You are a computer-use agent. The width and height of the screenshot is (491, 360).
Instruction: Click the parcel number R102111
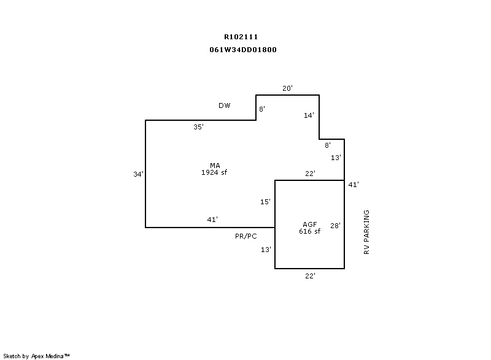pos(241,37)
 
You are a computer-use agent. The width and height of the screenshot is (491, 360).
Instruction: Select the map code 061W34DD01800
pos(243,50)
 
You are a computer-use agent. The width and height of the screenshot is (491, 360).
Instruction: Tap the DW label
pos(224,105)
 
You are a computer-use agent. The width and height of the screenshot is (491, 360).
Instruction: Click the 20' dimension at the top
pos(287,88)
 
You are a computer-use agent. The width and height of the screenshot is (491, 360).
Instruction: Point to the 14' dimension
pos(309,115)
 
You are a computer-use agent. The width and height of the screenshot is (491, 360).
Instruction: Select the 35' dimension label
pos(198,127)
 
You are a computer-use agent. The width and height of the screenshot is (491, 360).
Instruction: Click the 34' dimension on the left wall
pos(139,174)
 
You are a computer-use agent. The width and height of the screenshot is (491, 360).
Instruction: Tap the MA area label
pos(215,166)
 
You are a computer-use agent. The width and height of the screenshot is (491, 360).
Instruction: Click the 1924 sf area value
pos(214,172)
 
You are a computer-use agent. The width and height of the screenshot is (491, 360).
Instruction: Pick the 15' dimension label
pos(265,202)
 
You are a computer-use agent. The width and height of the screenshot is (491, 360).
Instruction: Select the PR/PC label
pos(246,237)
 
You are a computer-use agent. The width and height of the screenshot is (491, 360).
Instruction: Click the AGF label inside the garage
pos(310,224)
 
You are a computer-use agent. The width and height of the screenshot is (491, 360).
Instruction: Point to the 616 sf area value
pos(310,231)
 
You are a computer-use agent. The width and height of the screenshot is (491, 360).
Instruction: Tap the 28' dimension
pos(335,226)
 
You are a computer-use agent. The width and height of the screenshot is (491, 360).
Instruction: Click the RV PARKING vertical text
pos(366,232)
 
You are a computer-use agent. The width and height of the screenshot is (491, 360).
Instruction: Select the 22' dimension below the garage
pos(311,276)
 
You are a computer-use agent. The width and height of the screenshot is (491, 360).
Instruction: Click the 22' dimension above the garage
pos(311,174)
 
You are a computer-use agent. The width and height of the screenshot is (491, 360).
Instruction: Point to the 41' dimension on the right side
pos(354,185)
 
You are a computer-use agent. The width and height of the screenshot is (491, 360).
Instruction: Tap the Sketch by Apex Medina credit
pos(36,356)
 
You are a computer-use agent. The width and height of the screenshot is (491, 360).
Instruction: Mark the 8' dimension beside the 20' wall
pos(262,109)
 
